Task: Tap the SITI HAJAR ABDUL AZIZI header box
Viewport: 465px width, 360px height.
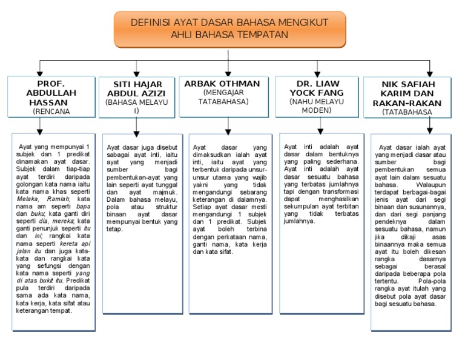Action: pos(137,97)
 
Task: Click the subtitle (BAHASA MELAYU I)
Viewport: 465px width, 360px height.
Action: pos(137,107)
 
